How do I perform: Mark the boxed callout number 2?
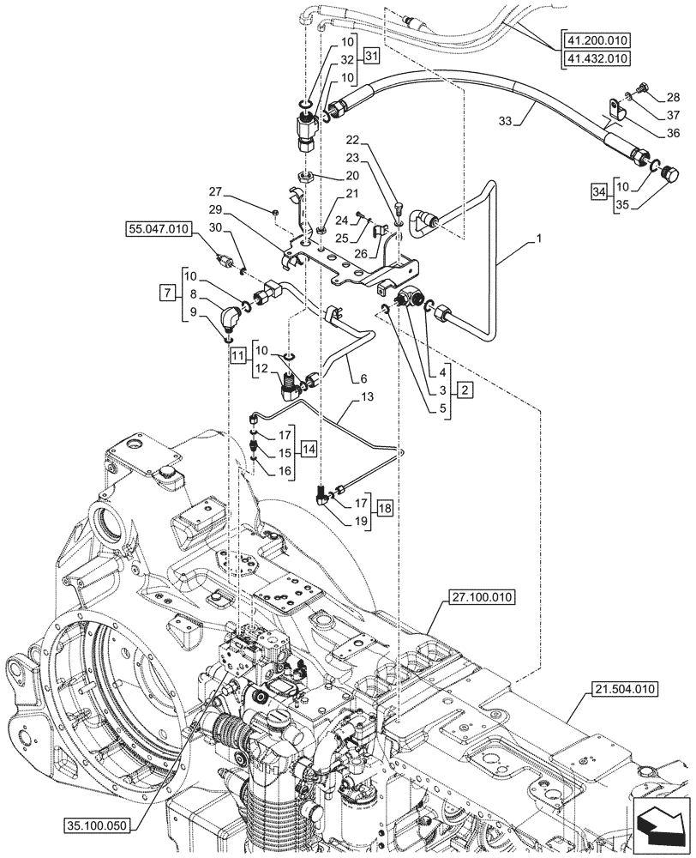pyautogui.click(x=463, y=390)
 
